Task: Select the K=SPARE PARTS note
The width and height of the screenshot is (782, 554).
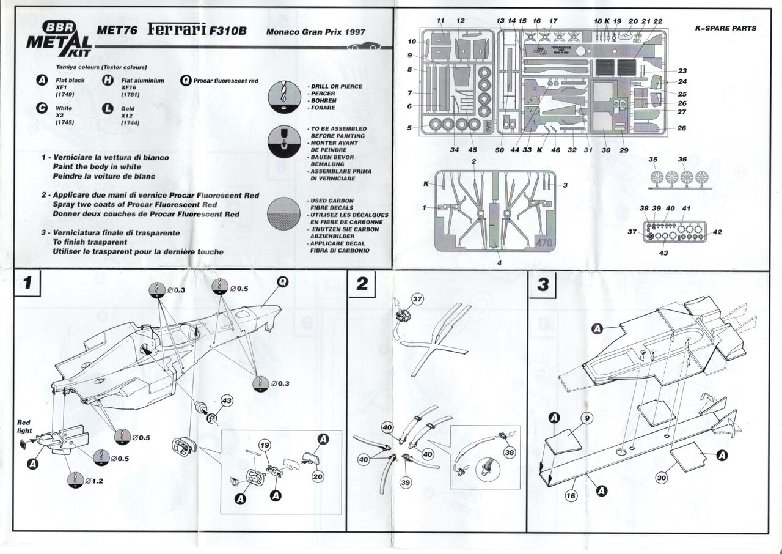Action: coord(725,28)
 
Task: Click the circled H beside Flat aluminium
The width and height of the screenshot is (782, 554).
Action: coord(108,80)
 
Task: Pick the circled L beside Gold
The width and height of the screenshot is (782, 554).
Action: coord(108,108)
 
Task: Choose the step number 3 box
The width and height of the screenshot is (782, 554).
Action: coord(543,284)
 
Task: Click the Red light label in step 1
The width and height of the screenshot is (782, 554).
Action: coord(24,426)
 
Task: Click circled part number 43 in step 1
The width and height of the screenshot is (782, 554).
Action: coord(226,401)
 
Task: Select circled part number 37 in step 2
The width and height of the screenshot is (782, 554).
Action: coord(417,299)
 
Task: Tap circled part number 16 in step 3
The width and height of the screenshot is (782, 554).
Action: coord(571,496)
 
